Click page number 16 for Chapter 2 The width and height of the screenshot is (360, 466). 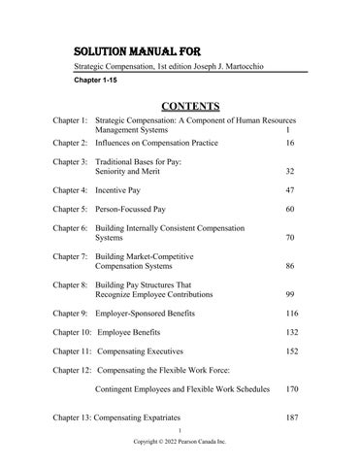click(289, 143)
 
